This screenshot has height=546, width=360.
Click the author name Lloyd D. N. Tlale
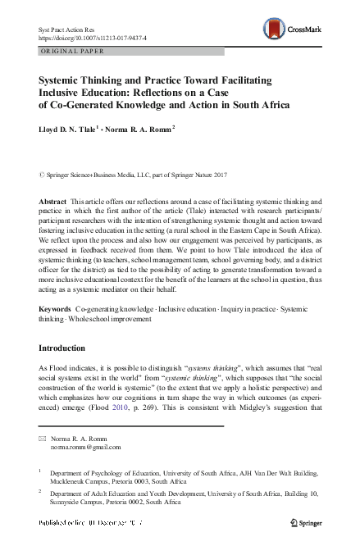67,128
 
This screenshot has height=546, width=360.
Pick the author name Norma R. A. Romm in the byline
135,128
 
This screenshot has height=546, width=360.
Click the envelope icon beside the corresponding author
43,439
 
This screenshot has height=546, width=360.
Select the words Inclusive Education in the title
89,93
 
